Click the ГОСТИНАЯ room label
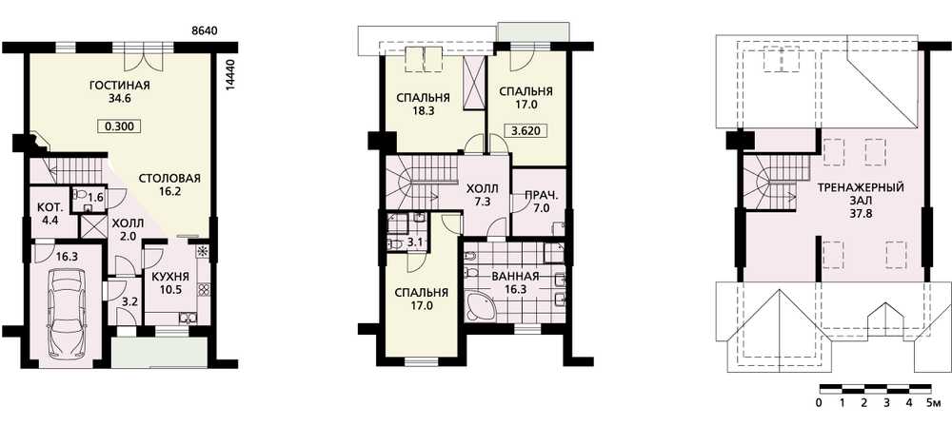tap(119, 86)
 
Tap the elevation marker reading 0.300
tap(119, 126)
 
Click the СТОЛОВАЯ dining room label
tap(169, 179)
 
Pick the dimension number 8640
tap(204, 30)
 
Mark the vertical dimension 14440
tap(228, 75)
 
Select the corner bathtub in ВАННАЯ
tap(481, 304)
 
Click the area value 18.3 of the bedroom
tap(424, 111)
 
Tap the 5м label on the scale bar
tap(934, 403)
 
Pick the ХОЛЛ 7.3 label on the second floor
tap(483, 195)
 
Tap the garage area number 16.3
tap(67, 256)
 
